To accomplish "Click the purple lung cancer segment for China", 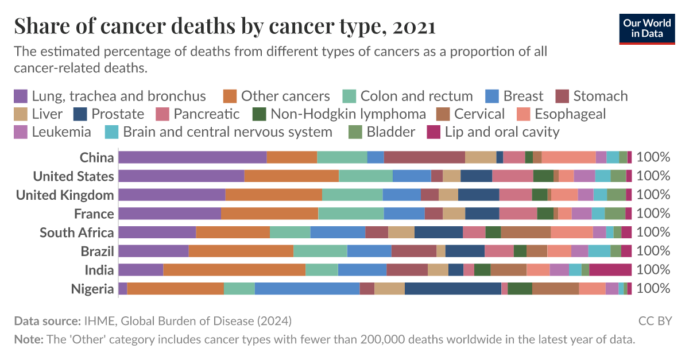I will point(192,157).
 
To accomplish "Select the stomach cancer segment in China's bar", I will point(424,157).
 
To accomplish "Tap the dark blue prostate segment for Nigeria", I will point(453,289).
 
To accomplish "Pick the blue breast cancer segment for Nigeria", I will point(307,289).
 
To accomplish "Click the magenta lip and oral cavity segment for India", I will point(610,270).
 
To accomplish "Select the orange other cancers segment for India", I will point(234,270).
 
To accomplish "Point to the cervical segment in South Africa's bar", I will point(526,233).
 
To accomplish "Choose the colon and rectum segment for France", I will point(351,214).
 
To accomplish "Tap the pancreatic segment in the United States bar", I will point(513,176).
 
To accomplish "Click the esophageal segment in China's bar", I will point(568,157).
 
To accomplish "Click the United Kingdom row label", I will point(65,195).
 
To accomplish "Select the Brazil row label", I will point(97,251).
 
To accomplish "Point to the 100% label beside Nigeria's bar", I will point(653,289).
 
